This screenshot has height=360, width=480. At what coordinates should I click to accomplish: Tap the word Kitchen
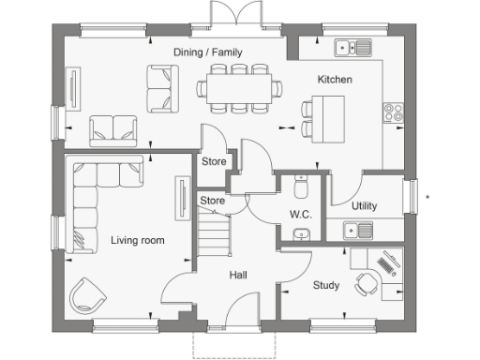click(335, 80)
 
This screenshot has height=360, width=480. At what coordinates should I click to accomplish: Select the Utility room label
click(365, 205)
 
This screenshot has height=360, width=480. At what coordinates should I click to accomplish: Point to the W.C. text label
click(300, 215)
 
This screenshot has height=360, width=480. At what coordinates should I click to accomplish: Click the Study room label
click(325, 286)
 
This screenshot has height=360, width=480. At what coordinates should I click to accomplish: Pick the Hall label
click(238, 275)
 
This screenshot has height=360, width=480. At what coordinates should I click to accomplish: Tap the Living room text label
click(137, 241)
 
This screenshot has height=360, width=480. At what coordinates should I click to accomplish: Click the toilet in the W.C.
click(300, 187)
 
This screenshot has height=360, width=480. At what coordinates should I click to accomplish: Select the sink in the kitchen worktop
click(354, 46)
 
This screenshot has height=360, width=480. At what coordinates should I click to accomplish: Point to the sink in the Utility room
click(357, 229)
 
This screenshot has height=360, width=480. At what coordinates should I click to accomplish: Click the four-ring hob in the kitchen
click(394, 115)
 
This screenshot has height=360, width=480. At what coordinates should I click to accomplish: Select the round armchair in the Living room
click(89, 294)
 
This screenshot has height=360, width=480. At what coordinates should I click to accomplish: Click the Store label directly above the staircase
click(213, 201)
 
